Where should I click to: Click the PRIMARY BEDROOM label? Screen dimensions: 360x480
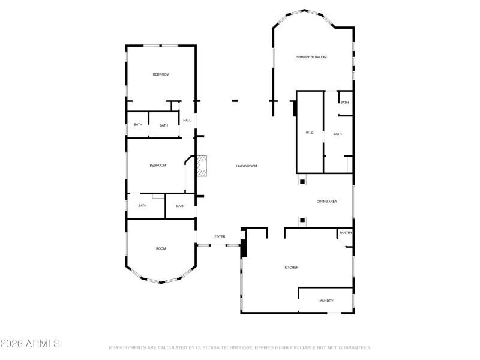pyautogui.click(x=311, y=57)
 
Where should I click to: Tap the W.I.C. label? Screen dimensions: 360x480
pyautogui.click(x=310, y=133)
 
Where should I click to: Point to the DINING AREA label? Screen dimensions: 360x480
pyautogui.click(x=326, y=201)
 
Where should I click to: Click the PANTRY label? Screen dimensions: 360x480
pyautogui.click(x=346, y=233)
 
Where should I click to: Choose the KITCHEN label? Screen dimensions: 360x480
pyautogui.click(x=291, y=268)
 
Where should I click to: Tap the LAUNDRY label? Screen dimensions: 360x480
pyautogui.click(x=326, y=301)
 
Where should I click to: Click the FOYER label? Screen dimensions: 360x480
pyautogui.click(x=220, y=236)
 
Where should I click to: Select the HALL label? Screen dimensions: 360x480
pyautogui.click(x=187, y=121)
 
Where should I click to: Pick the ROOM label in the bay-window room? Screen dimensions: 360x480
pyautogui.click(x=161, y=248)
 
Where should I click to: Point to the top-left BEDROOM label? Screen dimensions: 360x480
pyautogui.click(x=161, y=74)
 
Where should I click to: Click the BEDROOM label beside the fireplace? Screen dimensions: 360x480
pyautogui.click(x=158, y=166)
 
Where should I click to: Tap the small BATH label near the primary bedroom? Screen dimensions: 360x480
pyautogui.click(x=344, y=103)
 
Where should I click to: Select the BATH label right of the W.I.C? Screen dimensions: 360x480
pyautogui.click(x=337, y=134)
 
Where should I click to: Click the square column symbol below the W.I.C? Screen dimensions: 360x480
pyautogui.click(x=302, y=181)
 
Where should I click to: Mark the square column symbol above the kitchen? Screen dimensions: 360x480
pyautogui.click(x=302, y=221)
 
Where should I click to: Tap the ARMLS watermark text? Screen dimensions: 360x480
pyautogui.click(x=30, y=344)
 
